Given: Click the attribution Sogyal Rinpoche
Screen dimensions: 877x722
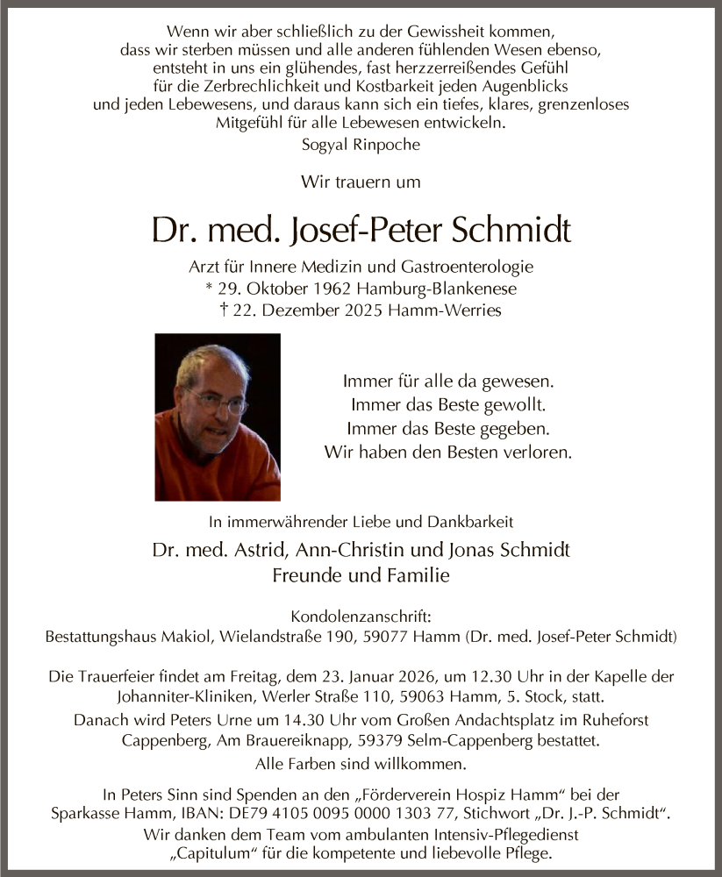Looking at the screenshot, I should click(x=361, y=145).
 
